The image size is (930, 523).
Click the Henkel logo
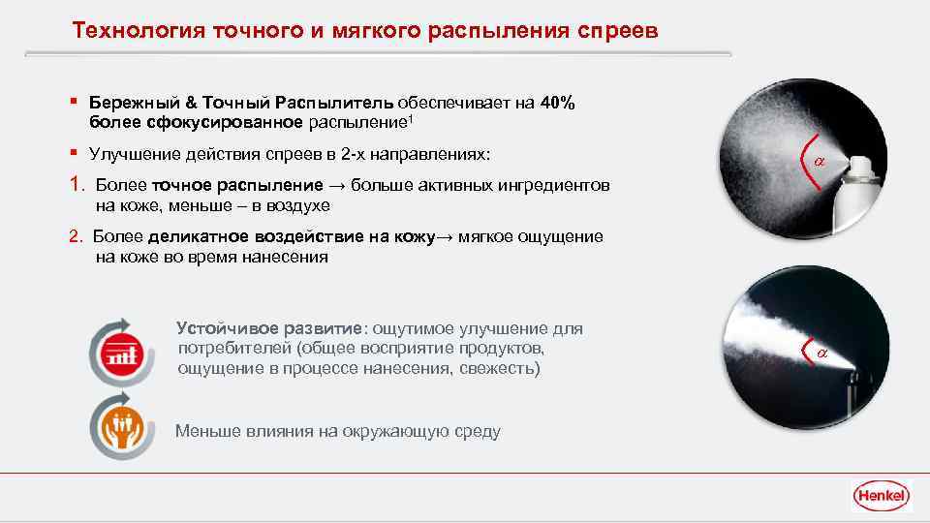pos(881,496)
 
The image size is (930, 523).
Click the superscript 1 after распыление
pos(412,118)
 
